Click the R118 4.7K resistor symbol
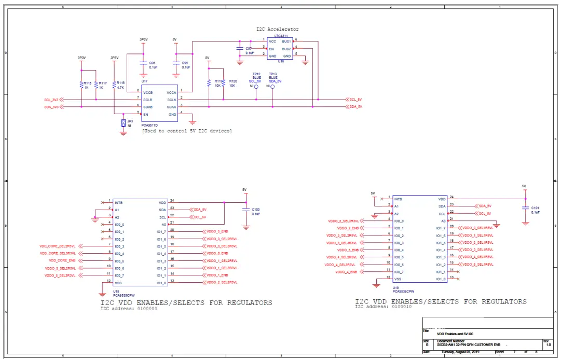tap(114, 85)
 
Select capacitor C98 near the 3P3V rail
tap(144, 64)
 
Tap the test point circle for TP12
tap(256, 86)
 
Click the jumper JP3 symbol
tap(124, 123)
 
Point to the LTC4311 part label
tap(282, 36)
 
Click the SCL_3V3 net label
tap(51, 99)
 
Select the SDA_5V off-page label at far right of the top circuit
tap(355, 106)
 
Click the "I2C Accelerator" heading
tap(277, 29)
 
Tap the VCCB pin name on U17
tap(148, 92)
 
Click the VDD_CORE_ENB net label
tap(62, 260)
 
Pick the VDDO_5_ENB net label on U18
tap(217, 231)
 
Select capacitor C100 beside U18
tap(247, 211)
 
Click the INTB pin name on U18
tap(119, 202)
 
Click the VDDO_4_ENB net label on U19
tap(346, 272)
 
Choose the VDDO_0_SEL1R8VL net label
tap(477, 227)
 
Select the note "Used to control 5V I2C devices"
tap(187, 131)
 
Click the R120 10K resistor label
tap(232, 83)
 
